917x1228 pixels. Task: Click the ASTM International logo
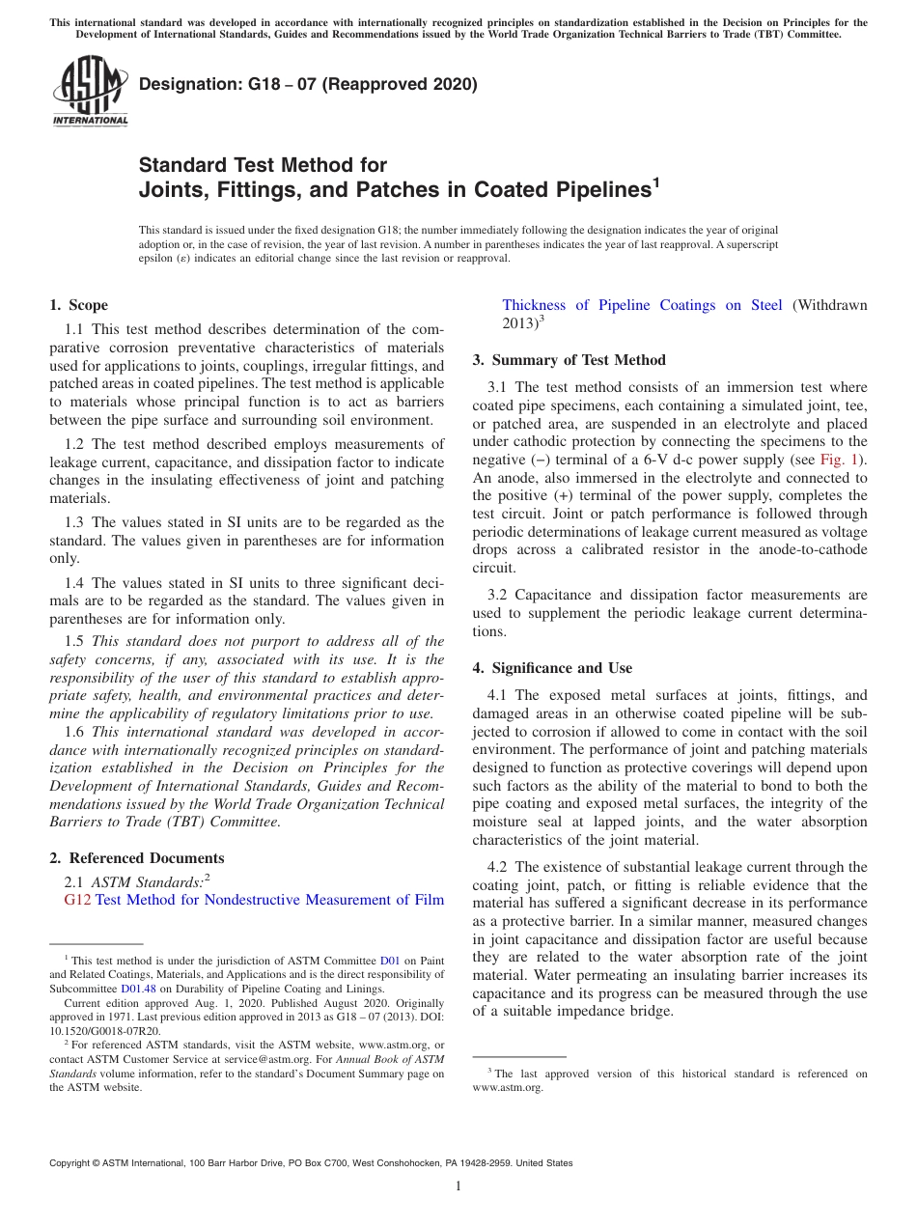pyautogui.click(x=89, y=93)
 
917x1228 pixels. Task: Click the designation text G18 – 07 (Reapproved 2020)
pyautogui.click(x=308, y=84)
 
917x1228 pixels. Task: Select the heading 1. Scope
pyautogui.click(x=78, y=305)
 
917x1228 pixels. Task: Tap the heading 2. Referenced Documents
pyautogui.click(x=137, y=857)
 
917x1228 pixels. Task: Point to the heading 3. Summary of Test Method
pyautogui.click(x=569, y=360)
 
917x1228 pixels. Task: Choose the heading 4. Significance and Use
pyautogui.click(x=552, y=667)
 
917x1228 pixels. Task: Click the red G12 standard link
pyautogui.click(x=77, y=900)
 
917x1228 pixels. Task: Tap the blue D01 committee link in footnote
pyautogui.click(x=389, y=961)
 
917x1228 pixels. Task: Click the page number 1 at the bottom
pyautogui.click(x=458, y=1186)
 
